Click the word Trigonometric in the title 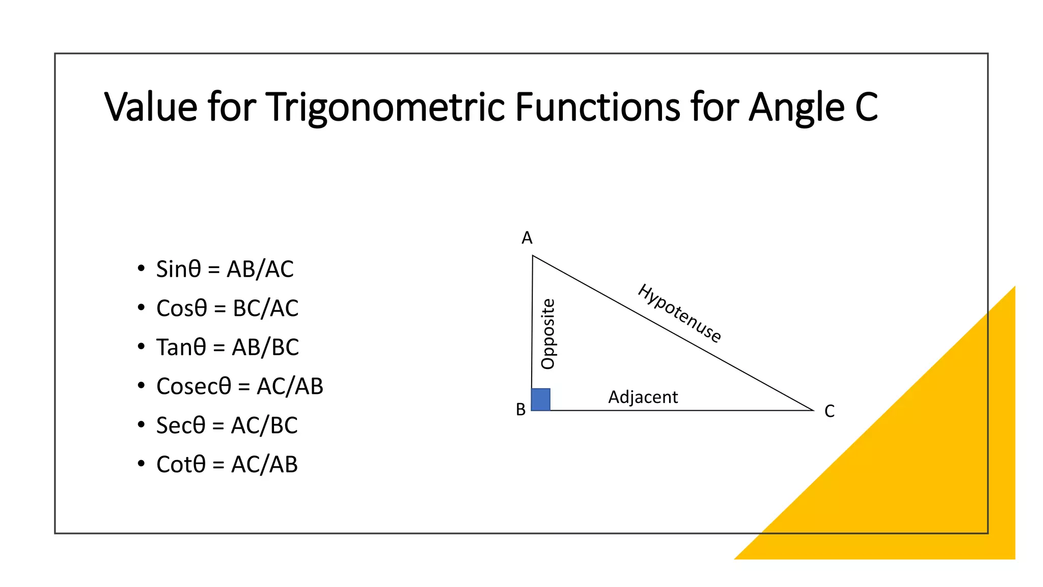point(385,108)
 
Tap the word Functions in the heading point(597,108)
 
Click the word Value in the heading point(151,108)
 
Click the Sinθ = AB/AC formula point(225,269)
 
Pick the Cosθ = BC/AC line point(227,308)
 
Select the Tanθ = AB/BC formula point(227,348)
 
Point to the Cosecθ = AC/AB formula point(239,386)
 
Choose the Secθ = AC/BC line point(227,425)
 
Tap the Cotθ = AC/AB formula point(227,465)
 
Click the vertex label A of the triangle point(527,238)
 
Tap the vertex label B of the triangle point(520,410)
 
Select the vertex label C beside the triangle point(830,411)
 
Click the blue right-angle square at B point(541,399)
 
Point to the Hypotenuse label point(679,313)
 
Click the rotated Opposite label point(548,334)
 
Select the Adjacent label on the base point(643,397)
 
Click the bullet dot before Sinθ point(141,269)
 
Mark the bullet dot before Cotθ point(141,464)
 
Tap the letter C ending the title point(866,108)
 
